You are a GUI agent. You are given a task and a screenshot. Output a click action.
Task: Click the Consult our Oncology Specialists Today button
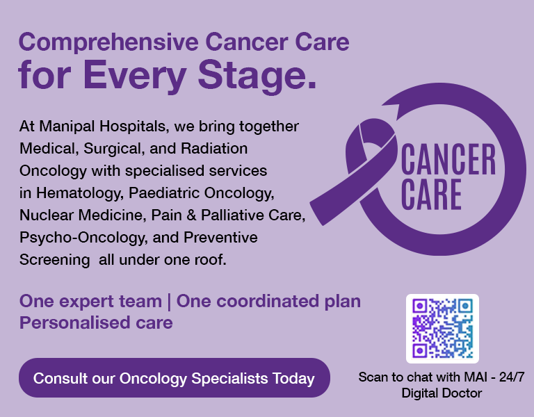(174, 379)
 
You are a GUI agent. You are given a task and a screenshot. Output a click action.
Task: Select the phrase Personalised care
(96, 323)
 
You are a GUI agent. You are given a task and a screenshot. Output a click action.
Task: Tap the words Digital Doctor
(442, 393)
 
